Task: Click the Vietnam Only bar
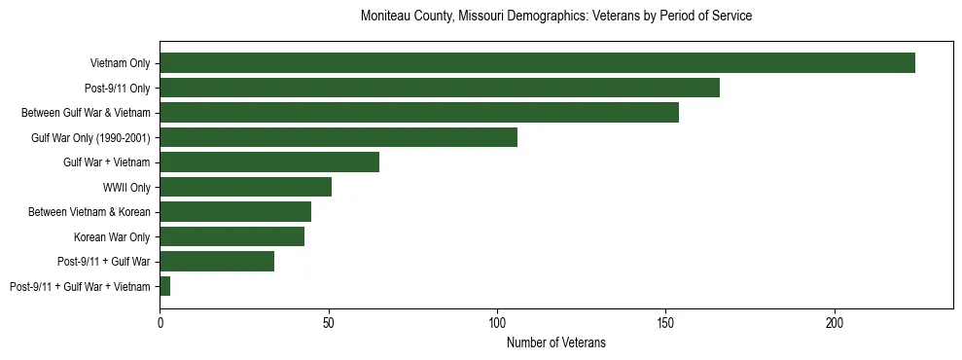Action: click(x=537, y=63)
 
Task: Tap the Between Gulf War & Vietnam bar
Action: click(x=419, y=113)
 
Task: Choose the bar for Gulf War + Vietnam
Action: click(x=269, y=162)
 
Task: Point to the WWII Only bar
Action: click(x=245, y=187)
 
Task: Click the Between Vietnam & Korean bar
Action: click(x=235, y=212)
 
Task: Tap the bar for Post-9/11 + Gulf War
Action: click(x=217, y=261)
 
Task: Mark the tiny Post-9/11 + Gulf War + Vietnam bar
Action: click(x=165, y=286)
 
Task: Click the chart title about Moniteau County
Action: click(x=555, y=17)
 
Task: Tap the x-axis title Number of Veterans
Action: click(x=555, y=342)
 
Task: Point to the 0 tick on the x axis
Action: click(x=160, y=320)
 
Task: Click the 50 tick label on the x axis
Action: click(x=329, y=320)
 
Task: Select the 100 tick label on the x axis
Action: click(x=497, y=320)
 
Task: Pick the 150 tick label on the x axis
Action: click(x=665, y=320)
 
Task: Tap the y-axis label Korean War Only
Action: click(x=112, y=236)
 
